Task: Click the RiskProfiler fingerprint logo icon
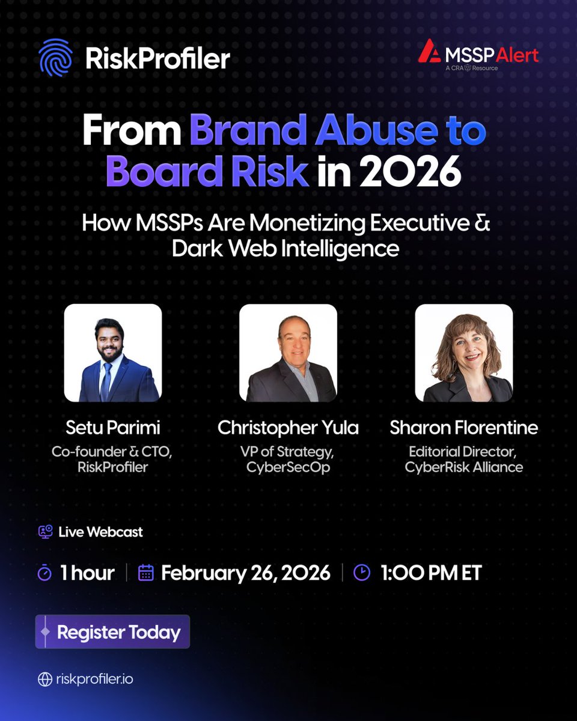pos(56,58)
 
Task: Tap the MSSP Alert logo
pos(478,56)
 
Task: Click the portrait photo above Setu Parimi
pos(112,353)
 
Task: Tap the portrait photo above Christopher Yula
pos(288,353)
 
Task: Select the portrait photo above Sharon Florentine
pos(463,353)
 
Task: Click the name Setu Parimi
pos(112,428)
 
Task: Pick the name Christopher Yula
pos(288,428)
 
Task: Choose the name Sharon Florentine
pos(463,428)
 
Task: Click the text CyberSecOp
pos(288,467)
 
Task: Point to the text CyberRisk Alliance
pos(463,467)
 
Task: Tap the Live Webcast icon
pos(45,532)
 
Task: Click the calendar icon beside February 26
pos(146,573)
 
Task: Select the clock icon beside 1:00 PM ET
pos(361,573)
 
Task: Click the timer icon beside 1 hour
pos(44,573)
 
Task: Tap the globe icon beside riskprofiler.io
pos(44,679)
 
